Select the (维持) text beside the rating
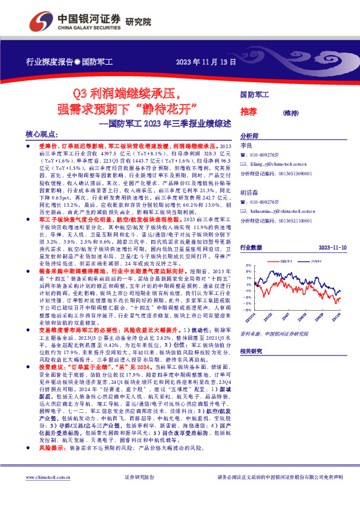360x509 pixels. coord(291,112)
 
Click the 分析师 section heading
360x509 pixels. coord(250,136)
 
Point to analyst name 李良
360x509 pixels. coord(246,146)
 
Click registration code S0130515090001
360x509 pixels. coord(296,173)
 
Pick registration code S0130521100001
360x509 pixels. coord(296,221)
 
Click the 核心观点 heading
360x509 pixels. coord(41,136)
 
